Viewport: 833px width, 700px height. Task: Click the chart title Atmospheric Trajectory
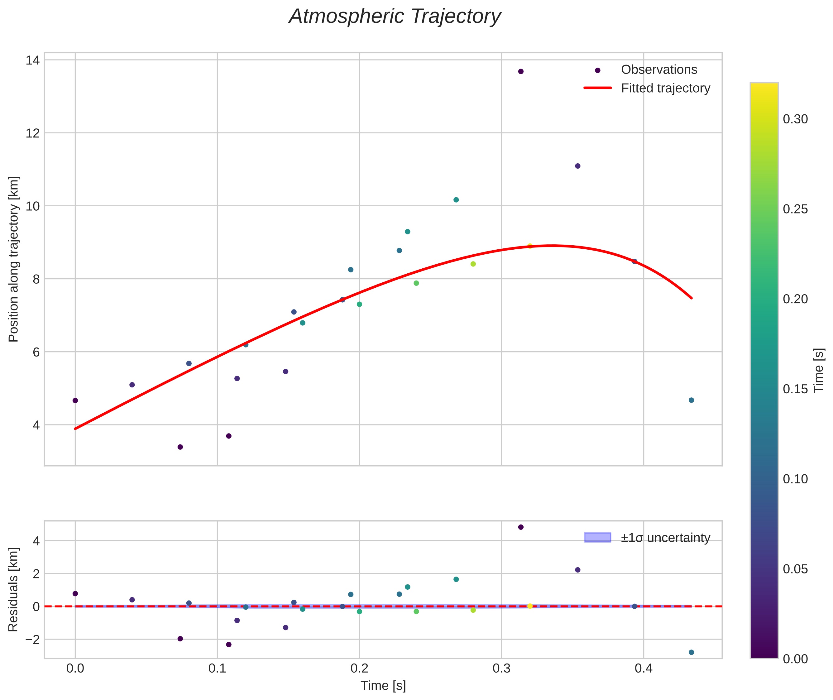coord(395,17)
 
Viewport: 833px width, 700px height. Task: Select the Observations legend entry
coord(659,70)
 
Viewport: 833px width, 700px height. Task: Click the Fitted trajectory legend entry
coord(665,88)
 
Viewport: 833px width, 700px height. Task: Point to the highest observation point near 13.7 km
coord(521,71)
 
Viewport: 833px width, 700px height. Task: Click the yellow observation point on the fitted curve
coord(530,246)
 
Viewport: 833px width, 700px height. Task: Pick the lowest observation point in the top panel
coord(180,447)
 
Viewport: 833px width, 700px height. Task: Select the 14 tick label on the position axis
coord(32,60)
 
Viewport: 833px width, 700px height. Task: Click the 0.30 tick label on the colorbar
coord(795,119)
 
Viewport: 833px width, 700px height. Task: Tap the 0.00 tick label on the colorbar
coord(795,659)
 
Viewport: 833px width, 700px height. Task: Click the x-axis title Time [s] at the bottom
coord(383,686)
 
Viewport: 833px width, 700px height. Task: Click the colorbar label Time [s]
coord(819,370)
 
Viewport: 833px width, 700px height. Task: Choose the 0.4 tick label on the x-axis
coord(643,669)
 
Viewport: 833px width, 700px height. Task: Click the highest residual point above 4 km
coord(521,527)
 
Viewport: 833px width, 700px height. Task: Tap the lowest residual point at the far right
coord(691,652)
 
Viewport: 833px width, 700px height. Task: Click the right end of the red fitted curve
coord(691,298)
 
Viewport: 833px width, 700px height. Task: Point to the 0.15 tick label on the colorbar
coord(795,389)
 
